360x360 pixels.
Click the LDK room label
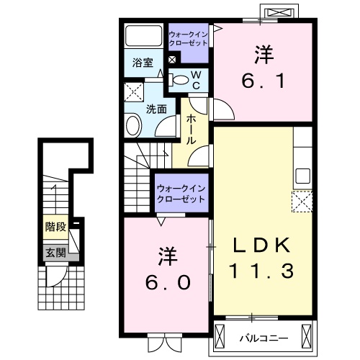click(262, 246)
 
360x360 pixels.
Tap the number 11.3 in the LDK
click(262, 272)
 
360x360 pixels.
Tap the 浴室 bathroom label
click(142, 63)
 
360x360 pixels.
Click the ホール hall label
click(192, 130)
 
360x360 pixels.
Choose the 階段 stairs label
click(55, 228)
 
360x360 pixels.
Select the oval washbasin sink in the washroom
click(135, 127)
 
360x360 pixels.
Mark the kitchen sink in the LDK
click(302, 175)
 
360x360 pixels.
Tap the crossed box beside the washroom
click(132, 92)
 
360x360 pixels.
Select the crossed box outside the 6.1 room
click(278, 13)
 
